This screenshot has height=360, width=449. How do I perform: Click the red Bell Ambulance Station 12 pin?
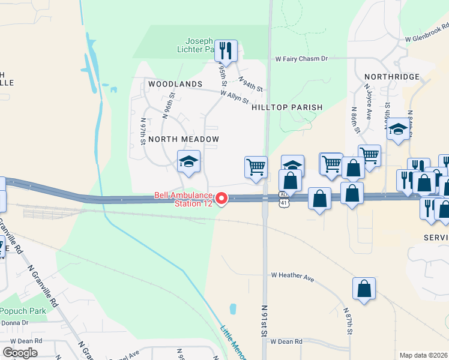[221, 199]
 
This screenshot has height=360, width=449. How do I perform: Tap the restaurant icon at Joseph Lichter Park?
[226, 50]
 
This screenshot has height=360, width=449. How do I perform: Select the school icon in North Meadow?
[188, 161]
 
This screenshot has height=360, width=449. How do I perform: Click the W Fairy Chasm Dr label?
[301, 59]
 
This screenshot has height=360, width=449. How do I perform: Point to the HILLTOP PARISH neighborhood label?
[287, 107]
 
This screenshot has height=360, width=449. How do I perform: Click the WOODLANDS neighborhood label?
[175, 84]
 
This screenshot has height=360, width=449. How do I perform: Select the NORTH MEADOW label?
[183, 139]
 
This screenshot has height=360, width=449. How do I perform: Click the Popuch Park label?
[23, 311]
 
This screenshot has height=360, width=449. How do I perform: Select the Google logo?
[20, 353]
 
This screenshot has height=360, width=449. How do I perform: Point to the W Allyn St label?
[234, 97]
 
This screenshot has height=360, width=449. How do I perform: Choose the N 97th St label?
[143, 131]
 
